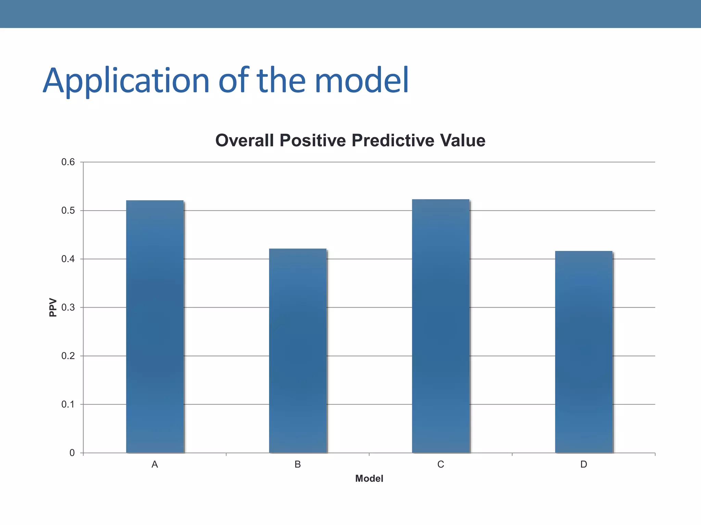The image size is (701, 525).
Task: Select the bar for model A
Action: point(155,326)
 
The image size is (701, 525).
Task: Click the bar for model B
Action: point(298,350)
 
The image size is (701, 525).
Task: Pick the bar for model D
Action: point(584,352)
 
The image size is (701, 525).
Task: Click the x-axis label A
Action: point(155,465)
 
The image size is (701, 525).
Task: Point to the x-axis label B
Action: point(298,465)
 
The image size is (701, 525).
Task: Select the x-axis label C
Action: point(441,465)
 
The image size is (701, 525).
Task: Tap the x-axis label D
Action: point(584,465)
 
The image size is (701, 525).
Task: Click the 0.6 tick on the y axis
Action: point(68,162)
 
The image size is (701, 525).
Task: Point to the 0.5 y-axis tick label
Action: point(68,211)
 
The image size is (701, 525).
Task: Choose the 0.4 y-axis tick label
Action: point(68,259)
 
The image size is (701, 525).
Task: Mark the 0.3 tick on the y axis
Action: point(68,308)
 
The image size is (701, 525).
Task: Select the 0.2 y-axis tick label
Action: point(68,356)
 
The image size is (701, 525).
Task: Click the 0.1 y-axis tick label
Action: point(68,404)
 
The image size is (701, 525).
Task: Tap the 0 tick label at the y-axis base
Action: point(72,453)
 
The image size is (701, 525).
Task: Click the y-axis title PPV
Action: point(53,307)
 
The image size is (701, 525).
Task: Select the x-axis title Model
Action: point(369,479)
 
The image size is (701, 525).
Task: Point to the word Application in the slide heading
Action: point(126,81)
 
